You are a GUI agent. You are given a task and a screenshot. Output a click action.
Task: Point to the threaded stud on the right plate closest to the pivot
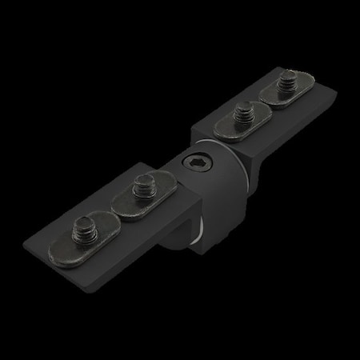point(238,111)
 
